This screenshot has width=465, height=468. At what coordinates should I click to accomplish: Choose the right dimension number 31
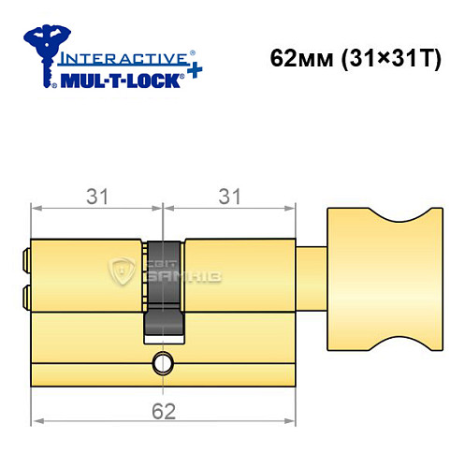pos(227,197)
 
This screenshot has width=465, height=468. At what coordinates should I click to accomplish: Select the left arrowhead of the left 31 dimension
pos(36,207)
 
